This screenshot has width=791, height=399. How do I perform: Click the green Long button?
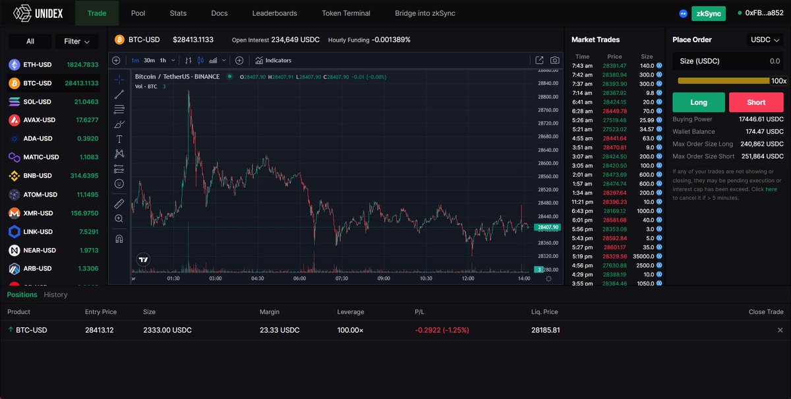coord(698,102)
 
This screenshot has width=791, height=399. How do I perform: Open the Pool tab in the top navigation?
coord(138,13)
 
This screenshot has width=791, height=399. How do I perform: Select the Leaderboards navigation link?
coord(274,13)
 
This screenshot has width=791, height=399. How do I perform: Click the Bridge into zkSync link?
coord(425,13)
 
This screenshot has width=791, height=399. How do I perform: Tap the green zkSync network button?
coord(708,13)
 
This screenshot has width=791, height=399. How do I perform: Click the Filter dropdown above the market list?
coord(76,42)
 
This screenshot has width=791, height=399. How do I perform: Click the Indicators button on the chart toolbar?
coord(273,61)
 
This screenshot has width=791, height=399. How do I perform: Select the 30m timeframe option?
coord(149,61)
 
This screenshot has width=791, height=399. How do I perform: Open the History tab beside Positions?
coord(56,295)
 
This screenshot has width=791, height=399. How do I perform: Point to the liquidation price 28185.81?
coord(545,330)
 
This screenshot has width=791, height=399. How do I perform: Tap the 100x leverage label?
coord(778,81)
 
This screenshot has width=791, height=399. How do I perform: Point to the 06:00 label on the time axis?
coord(299,278)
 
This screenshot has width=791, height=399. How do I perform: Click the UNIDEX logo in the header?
coord(40,13)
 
